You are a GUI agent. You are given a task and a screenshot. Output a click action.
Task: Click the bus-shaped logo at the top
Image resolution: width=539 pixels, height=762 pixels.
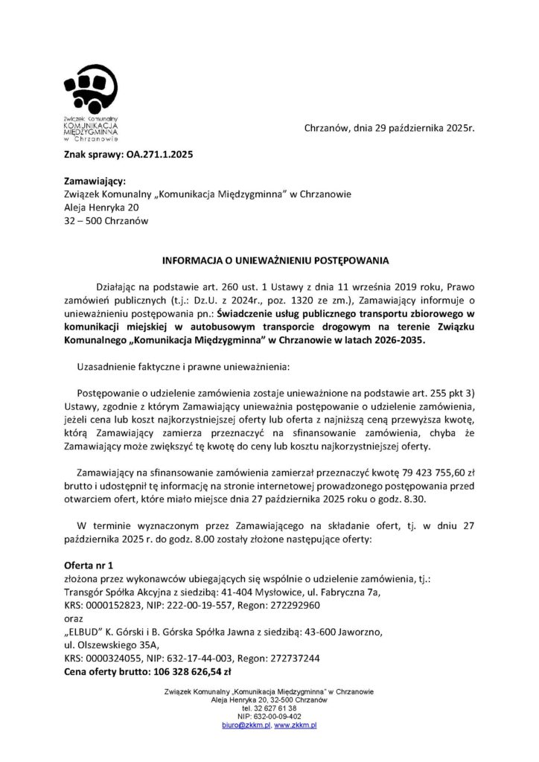(x=90, y=89)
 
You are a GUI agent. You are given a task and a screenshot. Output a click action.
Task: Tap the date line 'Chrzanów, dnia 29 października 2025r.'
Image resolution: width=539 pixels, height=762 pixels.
(x=389, y=128)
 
